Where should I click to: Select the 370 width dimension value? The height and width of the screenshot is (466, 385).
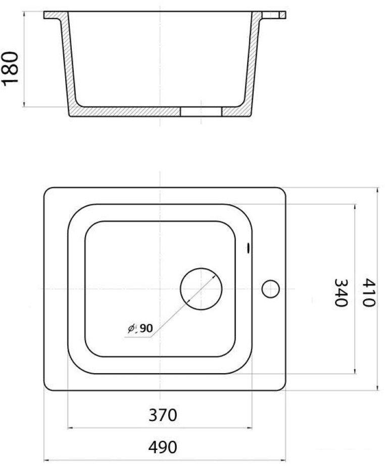pyautogui.click(x=163, y=415)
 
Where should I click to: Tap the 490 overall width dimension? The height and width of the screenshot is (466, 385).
pyautogui.click(x=163, y=447)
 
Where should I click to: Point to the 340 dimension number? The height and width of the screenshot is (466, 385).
pyautogui.click(x=341, y=293)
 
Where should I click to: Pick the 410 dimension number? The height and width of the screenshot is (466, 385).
pyautogui.click(x=369, y=293)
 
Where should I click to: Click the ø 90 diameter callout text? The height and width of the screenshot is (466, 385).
pyautogui.click(x=140, y=328)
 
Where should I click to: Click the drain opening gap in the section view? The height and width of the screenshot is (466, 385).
pyautogui.click(x=201, y=111)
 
